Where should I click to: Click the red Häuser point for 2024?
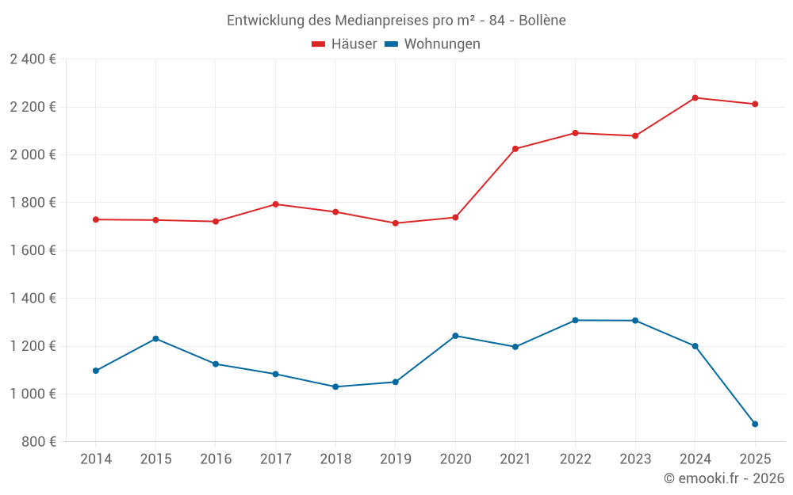pos(695,97)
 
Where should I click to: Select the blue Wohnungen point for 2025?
pos(755,424)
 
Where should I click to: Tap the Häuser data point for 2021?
pos(515,149)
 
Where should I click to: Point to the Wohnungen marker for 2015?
pos(155,339)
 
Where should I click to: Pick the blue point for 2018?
pos(335,386)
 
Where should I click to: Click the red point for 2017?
pos(275,204)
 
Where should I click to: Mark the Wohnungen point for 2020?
pos(455,336)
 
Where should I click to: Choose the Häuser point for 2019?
pos(395,223)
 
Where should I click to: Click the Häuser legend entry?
pos(344,44)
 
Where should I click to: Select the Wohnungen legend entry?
pos(432,44)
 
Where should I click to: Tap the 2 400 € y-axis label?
pos(33,59)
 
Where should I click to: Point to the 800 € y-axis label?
pos(38,442)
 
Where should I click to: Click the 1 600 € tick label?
pos(33,250)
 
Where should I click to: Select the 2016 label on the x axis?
pos(216,459)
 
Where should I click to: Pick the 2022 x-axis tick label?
pos(575,459)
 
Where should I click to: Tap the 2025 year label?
pos(755,459)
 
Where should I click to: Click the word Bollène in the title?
pos(542,21)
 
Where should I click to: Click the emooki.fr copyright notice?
pos(724,478)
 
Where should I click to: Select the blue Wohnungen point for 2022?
pos(575,320)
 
